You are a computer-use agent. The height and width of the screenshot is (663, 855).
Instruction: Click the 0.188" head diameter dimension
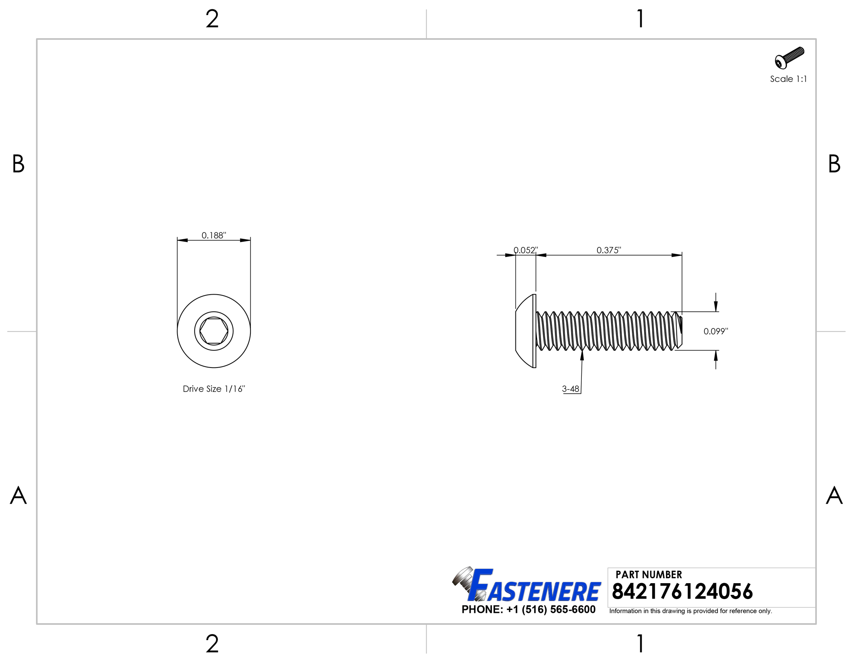[214, 235]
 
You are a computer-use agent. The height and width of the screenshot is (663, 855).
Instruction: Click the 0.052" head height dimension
[526, 250]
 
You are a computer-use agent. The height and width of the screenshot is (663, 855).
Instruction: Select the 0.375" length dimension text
[609, 250]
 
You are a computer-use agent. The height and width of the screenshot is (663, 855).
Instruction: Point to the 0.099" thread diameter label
[715, 331]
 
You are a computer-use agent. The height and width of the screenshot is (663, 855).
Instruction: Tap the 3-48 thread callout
[570, 389]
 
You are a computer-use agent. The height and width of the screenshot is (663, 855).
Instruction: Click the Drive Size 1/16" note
[214, 389]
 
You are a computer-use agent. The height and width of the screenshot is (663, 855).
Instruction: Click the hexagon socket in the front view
[214, 331]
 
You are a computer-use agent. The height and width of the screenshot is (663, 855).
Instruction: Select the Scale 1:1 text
[788, 79]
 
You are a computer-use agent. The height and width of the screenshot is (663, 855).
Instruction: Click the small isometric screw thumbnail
[789, 58]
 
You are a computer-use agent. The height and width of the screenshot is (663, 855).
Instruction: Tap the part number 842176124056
[682, 591]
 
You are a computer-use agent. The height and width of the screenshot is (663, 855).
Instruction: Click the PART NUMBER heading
[649, 575]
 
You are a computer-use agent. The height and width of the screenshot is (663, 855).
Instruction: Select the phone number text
[528, 609]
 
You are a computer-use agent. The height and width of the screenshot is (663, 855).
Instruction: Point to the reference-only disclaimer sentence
[690, 611]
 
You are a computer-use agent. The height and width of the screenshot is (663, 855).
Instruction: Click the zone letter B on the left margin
[18, 164]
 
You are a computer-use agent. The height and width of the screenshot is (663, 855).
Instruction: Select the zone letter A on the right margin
[834, 496]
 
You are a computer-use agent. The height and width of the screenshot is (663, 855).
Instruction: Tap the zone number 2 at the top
[212, 19]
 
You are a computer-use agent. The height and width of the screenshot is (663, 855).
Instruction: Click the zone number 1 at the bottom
[640, 644]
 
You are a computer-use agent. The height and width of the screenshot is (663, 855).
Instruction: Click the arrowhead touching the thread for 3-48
[582, 355]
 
